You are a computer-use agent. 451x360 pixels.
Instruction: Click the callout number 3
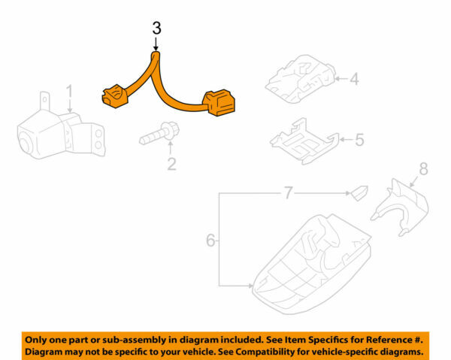click(156, 29)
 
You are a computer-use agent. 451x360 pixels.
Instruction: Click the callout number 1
click(68, 92)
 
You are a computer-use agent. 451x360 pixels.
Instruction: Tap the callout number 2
click(171, 162)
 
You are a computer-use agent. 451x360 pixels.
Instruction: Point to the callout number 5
click(359, 139)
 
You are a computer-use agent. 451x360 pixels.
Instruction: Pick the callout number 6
click(211, 241)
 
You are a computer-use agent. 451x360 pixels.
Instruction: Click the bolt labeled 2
click(157, 137)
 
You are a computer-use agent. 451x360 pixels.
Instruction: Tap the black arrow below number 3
click(156, 44)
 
